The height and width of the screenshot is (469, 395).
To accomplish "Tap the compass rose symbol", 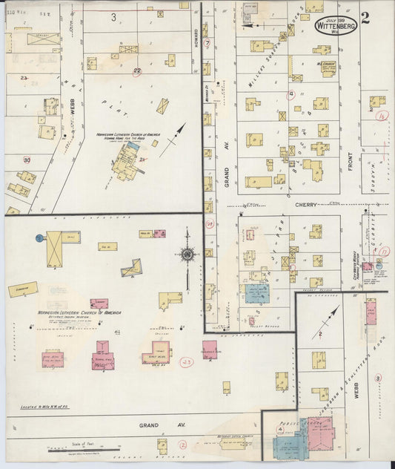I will pos(187,256).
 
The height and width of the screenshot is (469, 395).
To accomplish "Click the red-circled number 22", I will pos(137,71).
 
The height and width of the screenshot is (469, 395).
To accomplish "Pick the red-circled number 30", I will pos(27,160).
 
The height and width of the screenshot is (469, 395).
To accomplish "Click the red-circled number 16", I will pos(382,116).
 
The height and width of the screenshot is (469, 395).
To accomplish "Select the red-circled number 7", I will pos(208,44).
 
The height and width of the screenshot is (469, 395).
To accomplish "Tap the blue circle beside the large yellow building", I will pos(39,238).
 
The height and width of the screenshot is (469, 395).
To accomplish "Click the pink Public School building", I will pos(321,433).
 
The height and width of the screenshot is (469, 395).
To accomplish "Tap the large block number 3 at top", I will pos(113,16).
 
